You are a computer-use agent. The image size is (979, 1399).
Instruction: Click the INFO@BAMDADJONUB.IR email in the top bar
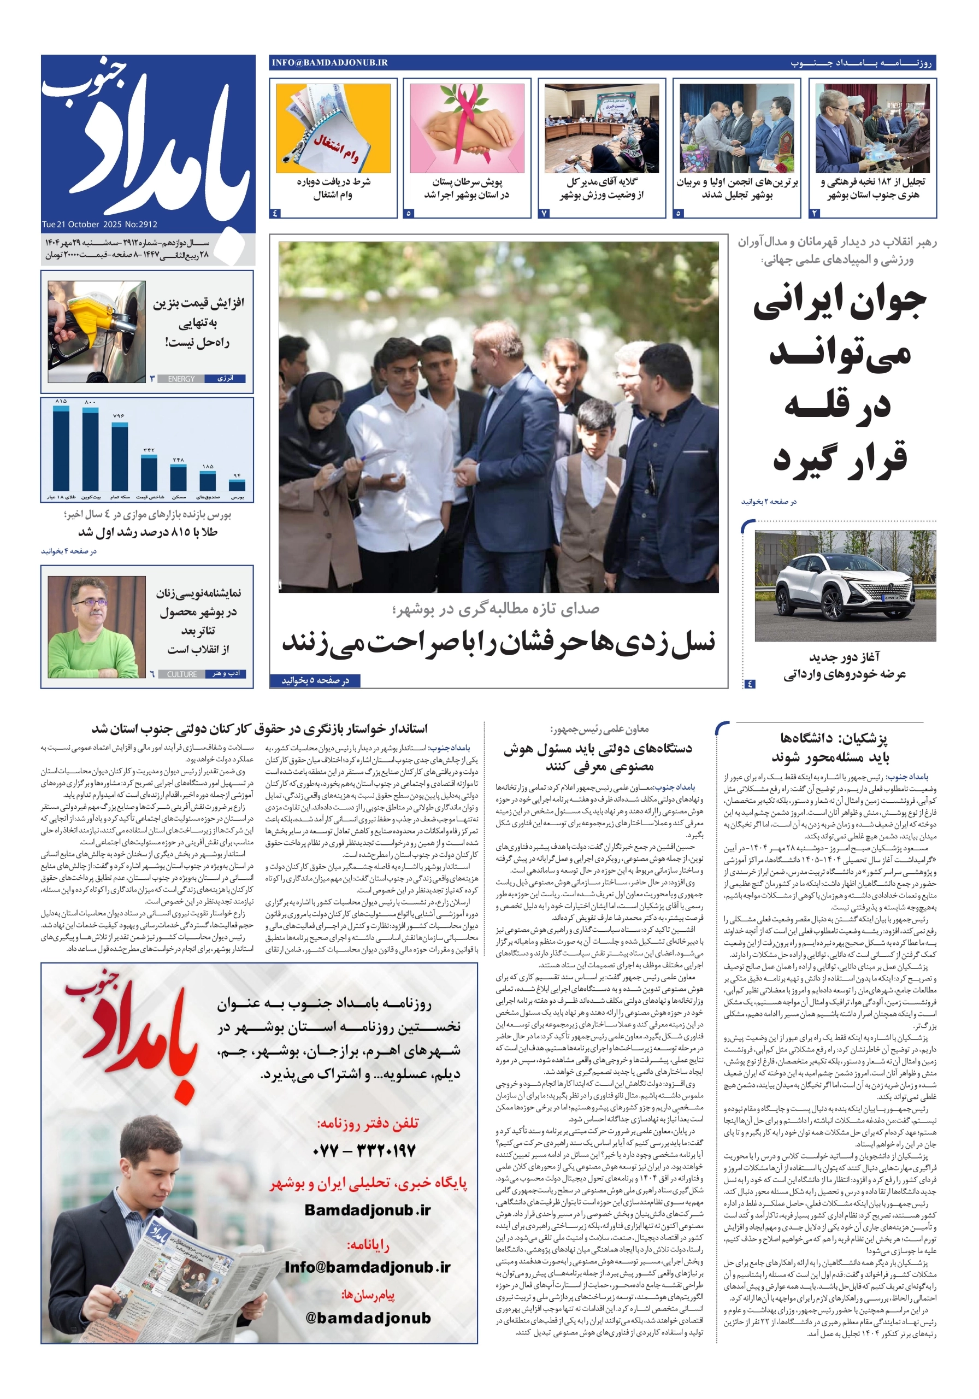pos(329,63)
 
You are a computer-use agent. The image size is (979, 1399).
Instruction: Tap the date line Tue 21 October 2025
pos(99,224)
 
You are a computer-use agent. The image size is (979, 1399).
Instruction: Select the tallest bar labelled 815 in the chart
pos(61,448)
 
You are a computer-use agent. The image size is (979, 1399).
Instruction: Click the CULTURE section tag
pos(181,674)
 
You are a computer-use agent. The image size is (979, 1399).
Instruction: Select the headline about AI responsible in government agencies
pos(599,757)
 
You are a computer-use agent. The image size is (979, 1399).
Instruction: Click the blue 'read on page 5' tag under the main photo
pos(315,680)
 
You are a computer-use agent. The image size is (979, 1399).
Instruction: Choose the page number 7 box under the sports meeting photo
pos(545,213)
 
